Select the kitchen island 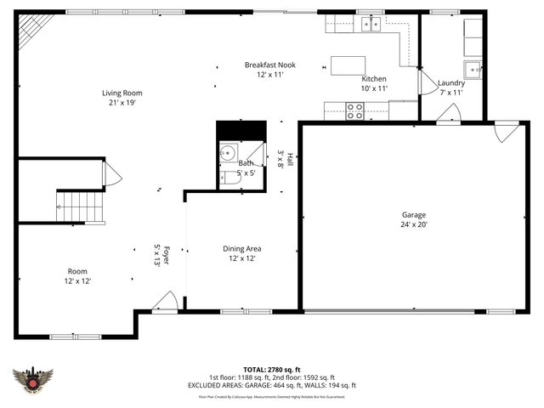point(348,65)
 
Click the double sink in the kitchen point(370,24)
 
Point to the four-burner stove point(354,110)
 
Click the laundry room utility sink point(472,69)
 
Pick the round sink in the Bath point(227,153)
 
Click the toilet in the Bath point(227,178)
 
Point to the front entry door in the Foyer point(165,301)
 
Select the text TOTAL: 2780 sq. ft point(272,369)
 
